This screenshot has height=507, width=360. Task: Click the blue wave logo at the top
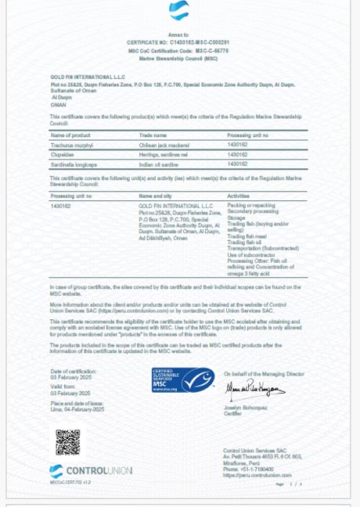178,10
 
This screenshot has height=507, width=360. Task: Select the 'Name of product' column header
70,135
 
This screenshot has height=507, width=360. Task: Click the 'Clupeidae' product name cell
63,154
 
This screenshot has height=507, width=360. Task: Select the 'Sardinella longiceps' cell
73,164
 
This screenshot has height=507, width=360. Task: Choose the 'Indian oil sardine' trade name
160,164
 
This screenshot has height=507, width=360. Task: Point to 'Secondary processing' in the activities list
252,211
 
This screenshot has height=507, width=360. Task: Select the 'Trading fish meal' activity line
247,236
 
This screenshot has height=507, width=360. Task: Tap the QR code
67,441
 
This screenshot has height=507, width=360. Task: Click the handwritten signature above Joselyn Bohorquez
252,387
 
